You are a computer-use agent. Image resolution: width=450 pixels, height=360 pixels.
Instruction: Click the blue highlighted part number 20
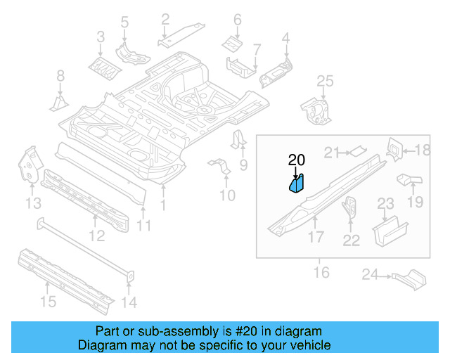pos(296,184)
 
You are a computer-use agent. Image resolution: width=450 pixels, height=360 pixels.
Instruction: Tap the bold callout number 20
pos(297,160)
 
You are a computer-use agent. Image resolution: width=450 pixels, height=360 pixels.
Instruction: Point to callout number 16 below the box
pos(321,271)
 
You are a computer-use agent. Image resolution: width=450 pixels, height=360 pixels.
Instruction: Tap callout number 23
pos(386,203)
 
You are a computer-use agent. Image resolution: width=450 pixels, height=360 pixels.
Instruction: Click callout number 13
pos(33,204)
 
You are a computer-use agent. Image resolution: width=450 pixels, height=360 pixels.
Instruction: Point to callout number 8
pos(60,76)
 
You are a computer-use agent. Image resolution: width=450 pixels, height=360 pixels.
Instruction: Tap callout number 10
pos(227,194)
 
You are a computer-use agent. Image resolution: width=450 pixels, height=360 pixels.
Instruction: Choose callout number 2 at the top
pos(165,19)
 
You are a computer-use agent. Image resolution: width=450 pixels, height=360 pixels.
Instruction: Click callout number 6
pos(237,19)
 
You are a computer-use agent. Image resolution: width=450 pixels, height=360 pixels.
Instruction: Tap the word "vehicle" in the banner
pos(310,345)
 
